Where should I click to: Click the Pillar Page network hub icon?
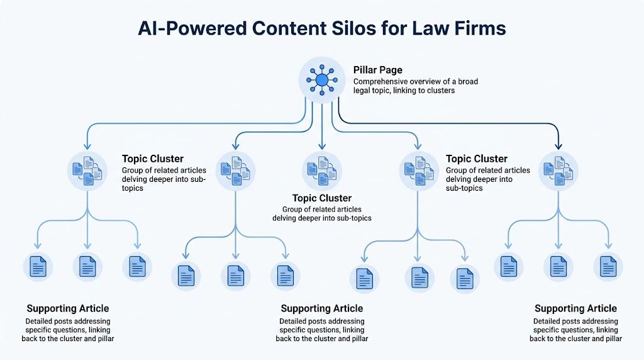click(x=321, y=80)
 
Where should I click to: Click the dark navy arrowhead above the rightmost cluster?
click(x=558, y=145)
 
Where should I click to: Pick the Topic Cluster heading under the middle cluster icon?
click(x=321, y=198)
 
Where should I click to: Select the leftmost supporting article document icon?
click(x=38, y=267)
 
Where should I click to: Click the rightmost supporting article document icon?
click(x=608, y=267)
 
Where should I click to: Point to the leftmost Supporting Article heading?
click(x=68, y=308)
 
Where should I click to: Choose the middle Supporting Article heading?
click(x=321, y=308)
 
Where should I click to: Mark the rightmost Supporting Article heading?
click(x=575, y=308)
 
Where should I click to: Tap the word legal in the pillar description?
click(x=363, y=91)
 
